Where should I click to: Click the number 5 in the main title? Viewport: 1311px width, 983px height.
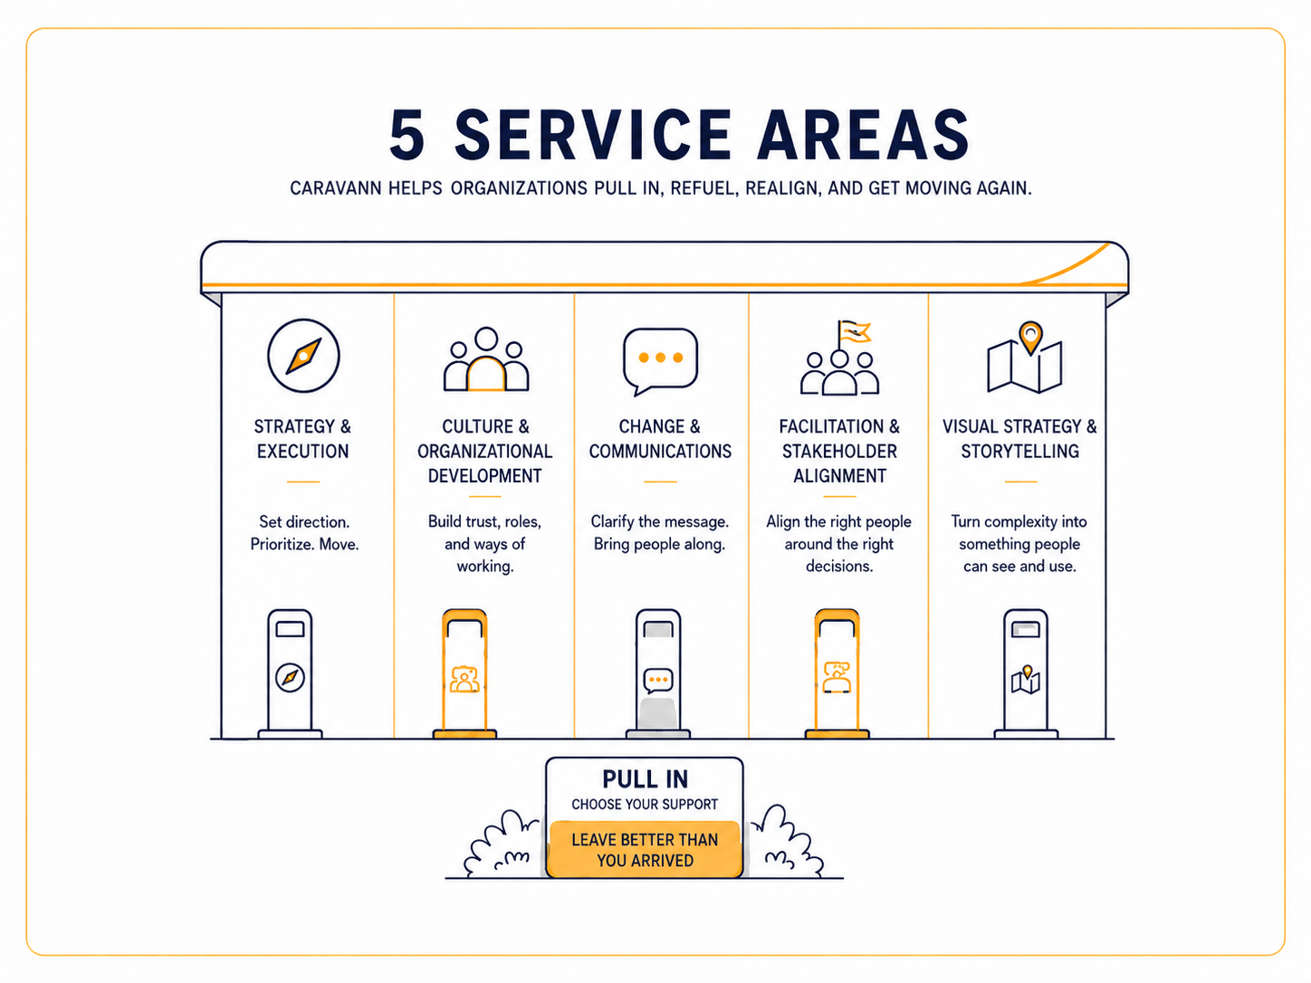407,135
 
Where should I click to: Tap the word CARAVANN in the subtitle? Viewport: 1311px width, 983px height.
336,188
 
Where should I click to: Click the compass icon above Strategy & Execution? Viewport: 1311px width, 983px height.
303,356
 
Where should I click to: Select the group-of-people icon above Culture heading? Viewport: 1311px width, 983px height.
485,359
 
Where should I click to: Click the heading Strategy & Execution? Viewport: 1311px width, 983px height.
302,439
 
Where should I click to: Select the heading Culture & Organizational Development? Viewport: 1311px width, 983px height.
485,451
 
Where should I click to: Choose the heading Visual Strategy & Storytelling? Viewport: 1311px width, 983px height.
1019,439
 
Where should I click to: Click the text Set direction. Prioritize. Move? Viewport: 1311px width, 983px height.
304,533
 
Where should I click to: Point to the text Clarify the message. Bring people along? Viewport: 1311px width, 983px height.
659,533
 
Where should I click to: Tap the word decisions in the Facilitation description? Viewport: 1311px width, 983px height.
839,566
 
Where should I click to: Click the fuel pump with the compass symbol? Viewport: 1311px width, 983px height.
290,673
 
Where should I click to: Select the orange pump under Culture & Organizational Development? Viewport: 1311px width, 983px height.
464,673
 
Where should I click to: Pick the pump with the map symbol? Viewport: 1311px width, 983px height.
1026,673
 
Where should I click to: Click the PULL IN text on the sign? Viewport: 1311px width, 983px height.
645,779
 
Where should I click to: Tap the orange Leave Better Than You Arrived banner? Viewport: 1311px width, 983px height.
645,849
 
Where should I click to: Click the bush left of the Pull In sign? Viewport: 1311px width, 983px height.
502,845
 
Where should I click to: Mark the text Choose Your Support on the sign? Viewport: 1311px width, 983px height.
645,805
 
